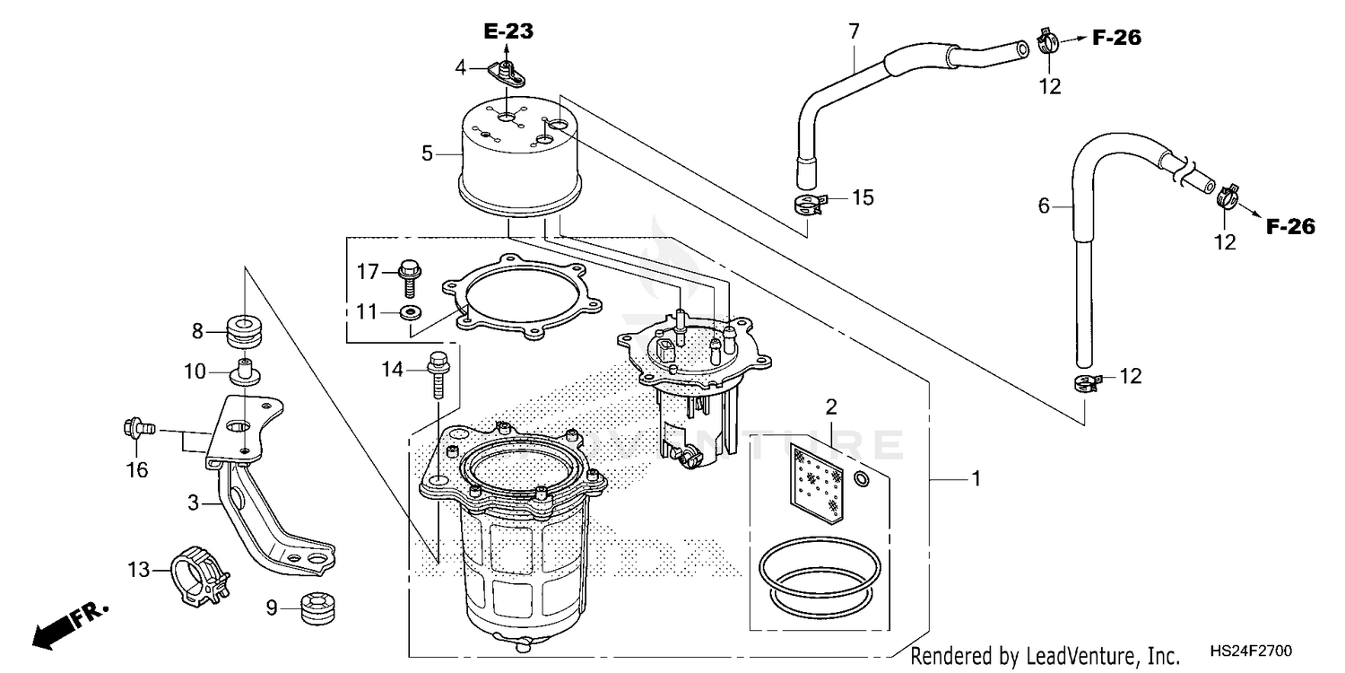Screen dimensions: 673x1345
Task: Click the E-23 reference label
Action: click(508, 32)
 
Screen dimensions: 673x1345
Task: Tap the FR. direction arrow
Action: click(67, 625)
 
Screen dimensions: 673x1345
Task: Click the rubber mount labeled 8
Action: click(244, 330)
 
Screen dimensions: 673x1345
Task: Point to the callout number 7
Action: click(854, 31)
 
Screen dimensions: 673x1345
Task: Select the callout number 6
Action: click(1044, 206)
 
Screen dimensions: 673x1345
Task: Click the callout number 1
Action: click(976, 480)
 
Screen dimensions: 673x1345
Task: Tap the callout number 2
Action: click(831, 406)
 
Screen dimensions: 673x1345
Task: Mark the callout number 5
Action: click(428, 153)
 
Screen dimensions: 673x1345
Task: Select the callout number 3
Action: click(193, 503)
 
